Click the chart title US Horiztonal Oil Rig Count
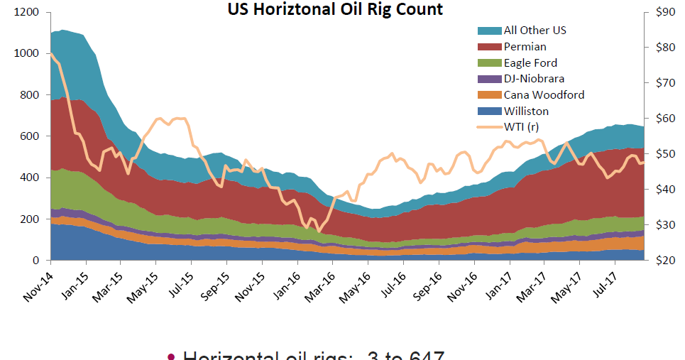[335, 9]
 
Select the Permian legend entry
[525, 46]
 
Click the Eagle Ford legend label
[530, 62]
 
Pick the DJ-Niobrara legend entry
[534, 79]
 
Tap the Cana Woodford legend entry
[544, 94]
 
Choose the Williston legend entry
[526, 111]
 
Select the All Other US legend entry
[535, 30]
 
